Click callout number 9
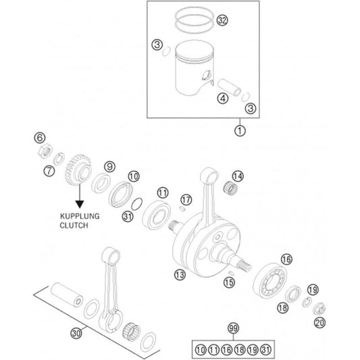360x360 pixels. point(108,166)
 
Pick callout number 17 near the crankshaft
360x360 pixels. point(187,199)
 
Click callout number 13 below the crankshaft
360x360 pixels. point(179,274)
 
